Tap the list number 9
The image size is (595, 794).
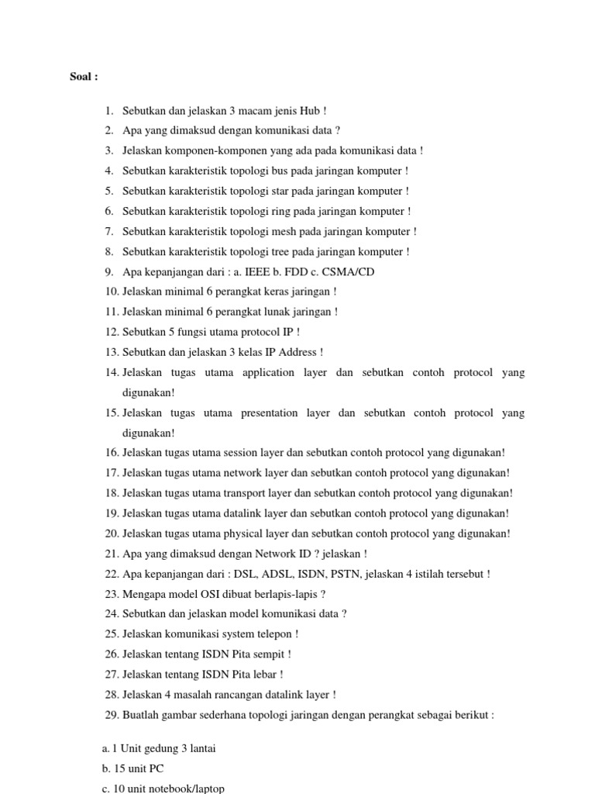coord(108,272)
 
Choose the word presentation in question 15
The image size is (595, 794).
coord(270,413)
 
